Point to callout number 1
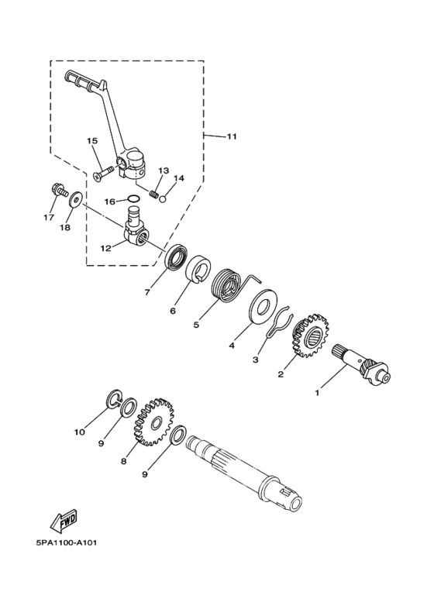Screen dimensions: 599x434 316,393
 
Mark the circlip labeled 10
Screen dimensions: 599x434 112,402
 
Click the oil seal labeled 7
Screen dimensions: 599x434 177,256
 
